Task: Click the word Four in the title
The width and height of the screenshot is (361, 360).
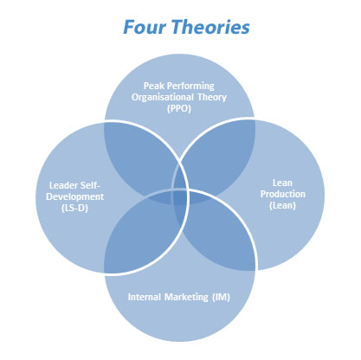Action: point(145,27)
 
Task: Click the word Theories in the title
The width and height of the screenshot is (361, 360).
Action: point(211,27)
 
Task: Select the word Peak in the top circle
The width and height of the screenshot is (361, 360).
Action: point(154,86)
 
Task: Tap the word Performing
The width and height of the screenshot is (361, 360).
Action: point(190,87)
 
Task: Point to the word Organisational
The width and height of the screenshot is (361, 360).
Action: point(163,98)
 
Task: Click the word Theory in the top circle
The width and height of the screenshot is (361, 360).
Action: point(212,98)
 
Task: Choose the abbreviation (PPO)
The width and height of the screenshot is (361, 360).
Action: point(179,109)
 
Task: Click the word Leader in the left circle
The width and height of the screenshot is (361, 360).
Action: point(62,185)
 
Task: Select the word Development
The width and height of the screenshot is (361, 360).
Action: point(74,196)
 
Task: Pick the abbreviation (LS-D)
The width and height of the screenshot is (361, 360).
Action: point(74,208)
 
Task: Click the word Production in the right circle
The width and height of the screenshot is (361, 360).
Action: point(283,194)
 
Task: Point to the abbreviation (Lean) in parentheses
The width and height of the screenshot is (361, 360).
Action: point(282,206)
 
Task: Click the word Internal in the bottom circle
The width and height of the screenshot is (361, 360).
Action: point(145,297)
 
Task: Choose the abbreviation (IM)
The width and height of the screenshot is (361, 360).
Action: point(221,298)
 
